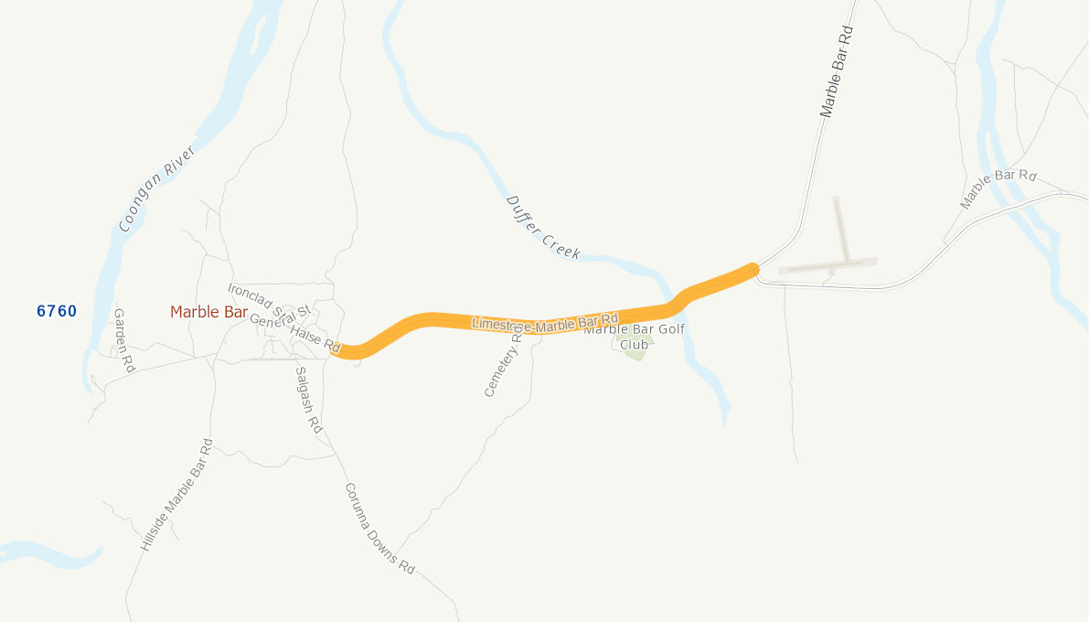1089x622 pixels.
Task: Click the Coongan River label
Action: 157,188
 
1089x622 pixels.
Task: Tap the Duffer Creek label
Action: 543,226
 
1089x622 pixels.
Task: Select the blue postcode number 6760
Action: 57,311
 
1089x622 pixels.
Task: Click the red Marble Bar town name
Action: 208,312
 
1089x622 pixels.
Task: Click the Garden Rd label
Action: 123,341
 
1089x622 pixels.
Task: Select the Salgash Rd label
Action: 309,399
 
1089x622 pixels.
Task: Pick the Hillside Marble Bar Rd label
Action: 176,495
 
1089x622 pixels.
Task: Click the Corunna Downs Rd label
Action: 379,529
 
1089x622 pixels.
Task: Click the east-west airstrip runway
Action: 827,266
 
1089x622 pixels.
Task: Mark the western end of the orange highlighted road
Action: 336,351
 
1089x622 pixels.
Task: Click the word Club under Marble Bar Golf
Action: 634,344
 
